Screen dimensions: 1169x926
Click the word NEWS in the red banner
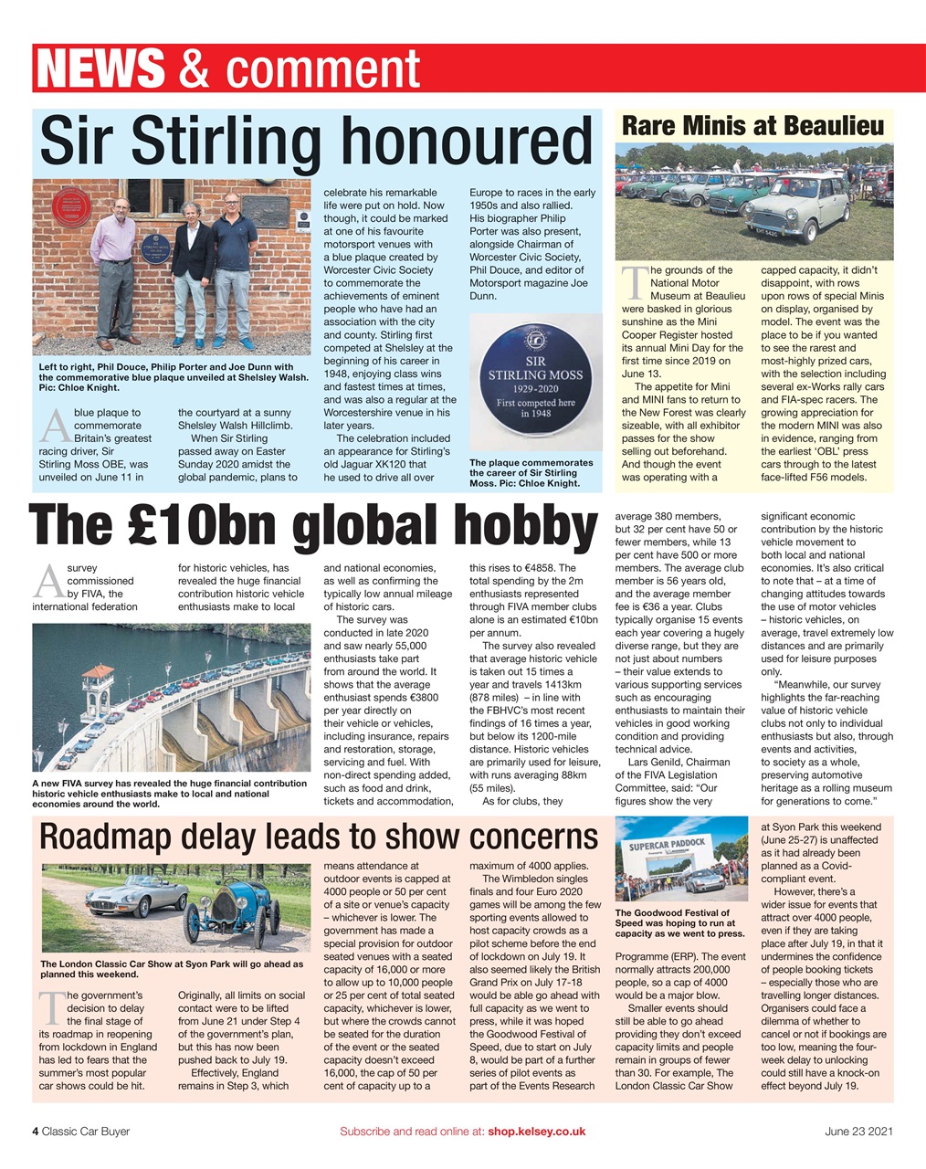[x=100, y=69]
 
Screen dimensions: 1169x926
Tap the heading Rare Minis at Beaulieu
[x=752, y=125]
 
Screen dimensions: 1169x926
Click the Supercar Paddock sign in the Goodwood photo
[x=668, y=848]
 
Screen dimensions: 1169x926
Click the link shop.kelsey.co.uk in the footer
[x=536, y=1131]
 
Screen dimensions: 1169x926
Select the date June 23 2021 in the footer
[x=858, y=1131]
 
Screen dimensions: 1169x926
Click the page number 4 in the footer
[x=36, y=1131]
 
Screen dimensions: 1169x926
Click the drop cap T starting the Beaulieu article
[x=632, y=282]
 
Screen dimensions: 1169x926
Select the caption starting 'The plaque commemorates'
[x=531, y=473]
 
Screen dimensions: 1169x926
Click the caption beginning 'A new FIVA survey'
[x=169, y=794]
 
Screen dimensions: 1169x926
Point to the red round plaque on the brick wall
[x=70, y=211]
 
